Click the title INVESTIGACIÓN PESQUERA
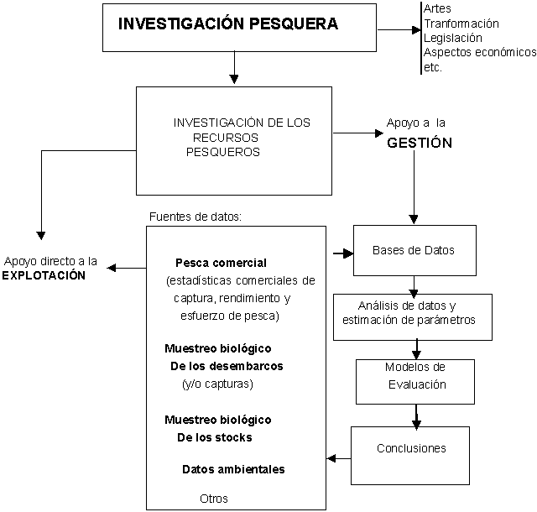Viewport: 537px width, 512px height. (x=227, y=24)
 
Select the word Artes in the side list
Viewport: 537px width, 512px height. (x=437, y=8)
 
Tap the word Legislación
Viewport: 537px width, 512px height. (x=452, y=38)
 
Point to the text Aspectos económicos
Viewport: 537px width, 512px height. (x=479, y=52)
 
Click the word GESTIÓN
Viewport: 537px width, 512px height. (x=420, y=144)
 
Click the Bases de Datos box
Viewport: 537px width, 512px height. (x=413, y=250)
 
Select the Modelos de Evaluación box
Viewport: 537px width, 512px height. (x=415, y=376)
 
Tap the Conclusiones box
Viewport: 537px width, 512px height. (x=411, y=449)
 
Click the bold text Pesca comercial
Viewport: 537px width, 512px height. (x=221, y=263)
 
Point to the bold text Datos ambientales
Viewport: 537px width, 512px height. (x=232, y=469)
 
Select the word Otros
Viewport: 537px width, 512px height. (x=214, y=498)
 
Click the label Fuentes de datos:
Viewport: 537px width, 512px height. (x=196, y=216)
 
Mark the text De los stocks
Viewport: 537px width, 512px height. (x=214, y=437)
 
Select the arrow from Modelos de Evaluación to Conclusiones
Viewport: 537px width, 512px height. (x=416, y=415)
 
